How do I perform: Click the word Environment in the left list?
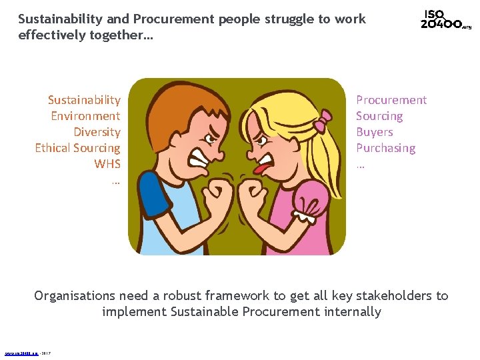pos(85,116)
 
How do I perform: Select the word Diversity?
pos(97,132)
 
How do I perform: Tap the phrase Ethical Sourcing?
pos(77,148)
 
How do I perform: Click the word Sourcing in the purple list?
pos(379,116)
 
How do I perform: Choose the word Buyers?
pos(374,132)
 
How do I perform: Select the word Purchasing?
pos(385,148)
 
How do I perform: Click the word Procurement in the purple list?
pos(391,100)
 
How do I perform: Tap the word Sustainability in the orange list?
pos(84,100)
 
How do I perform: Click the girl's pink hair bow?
pos(323,123)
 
